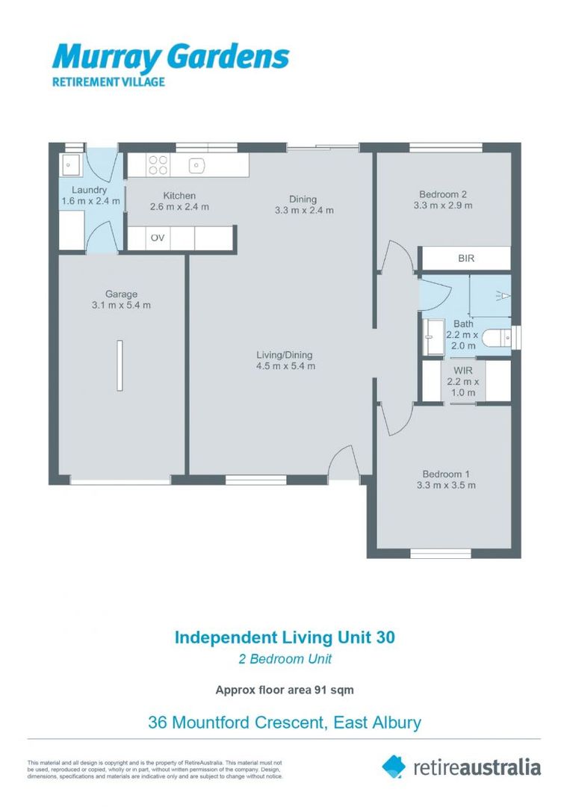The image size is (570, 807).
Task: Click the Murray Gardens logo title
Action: (170, 57)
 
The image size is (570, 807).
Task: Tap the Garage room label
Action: (120, 294)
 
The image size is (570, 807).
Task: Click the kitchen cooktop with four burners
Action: (157, 164)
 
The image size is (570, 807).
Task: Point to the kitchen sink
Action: (196, 164)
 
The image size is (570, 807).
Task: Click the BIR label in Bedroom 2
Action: (465, 259)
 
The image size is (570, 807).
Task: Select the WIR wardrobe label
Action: (463, 369)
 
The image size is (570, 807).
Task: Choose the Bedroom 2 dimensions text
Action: (444, 207)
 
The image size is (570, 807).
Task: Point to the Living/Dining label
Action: (285, 355)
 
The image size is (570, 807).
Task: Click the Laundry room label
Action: (89, 191)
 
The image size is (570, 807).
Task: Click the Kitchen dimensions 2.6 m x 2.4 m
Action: (179, 207)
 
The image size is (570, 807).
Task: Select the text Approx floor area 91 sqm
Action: (285, 690)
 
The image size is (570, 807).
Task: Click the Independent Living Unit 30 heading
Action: (285, 637)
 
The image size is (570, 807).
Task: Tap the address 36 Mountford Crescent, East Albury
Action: (285, 723)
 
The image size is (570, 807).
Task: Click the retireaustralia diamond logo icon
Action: (394, 766)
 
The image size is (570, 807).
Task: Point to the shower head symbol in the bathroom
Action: (505, 295)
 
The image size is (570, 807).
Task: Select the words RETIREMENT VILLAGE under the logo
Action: (108, 82)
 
